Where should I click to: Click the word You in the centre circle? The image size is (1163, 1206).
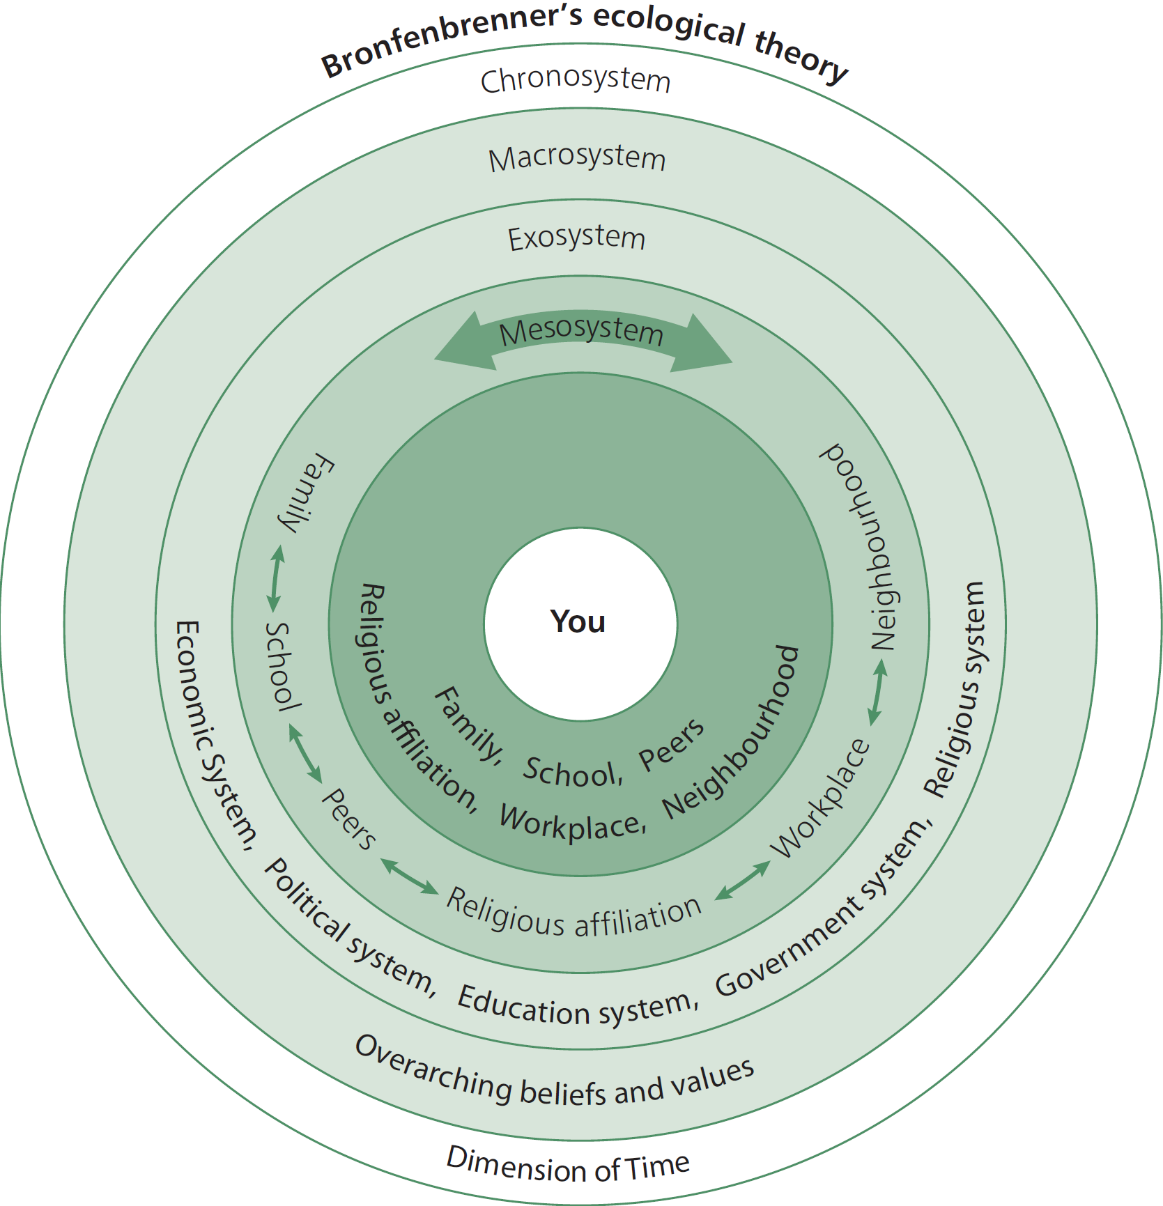coord(578,621)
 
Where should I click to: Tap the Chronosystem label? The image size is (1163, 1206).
coord(576,80)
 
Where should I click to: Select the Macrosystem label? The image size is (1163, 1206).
coord(577,158)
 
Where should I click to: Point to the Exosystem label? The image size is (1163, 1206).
coord(576,238)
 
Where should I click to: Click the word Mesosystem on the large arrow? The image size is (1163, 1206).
coord(582,332)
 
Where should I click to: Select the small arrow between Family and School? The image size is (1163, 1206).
coord(276,579)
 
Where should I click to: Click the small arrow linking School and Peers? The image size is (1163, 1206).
coord(305,753)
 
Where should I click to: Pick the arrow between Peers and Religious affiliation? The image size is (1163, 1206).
coord(410,876)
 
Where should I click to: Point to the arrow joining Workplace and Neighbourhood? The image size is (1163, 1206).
coord(877,691)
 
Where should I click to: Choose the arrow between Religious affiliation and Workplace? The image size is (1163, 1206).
coord(743,880)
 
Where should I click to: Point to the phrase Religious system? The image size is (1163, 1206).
coord(956,690)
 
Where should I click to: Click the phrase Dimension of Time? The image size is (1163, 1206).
coord(568,1164)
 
